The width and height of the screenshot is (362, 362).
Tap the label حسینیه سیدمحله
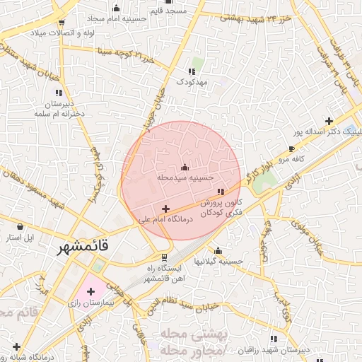click(x=185, y=179)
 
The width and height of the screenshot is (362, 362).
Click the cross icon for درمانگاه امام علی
click(x=165, y=209)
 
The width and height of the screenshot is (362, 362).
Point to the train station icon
click(x=165, y=257)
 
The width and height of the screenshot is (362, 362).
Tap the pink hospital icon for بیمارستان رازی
click(x=90, y=291)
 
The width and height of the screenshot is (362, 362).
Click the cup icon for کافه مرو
click(x=292, y=148)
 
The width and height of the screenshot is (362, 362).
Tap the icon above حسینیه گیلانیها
click(x=218, y=250)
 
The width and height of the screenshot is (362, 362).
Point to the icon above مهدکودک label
click(x=191, y=71)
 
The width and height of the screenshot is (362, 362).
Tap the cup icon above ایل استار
click(x=21, y=226)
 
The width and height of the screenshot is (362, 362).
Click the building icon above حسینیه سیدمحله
click(x=185, y=167)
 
